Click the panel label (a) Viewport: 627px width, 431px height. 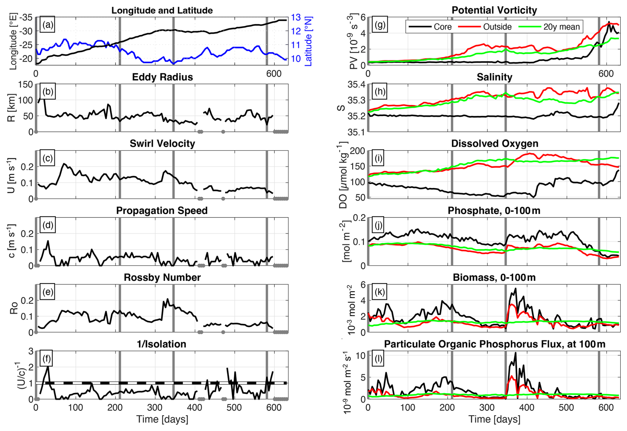[x=48, y=25]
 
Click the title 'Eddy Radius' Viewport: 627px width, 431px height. [x=162, y=77]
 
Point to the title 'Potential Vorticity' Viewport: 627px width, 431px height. [x=494, y=10]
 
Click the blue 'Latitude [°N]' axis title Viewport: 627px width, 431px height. [x=309, y=41]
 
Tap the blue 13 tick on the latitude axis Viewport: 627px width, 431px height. [x=296, y=17]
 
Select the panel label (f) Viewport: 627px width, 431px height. [x=47, y=359]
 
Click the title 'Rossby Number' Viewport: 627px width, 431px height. [x=162, y=277]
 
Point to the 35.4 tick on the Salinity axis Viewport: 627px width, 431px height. [x=356, y=85]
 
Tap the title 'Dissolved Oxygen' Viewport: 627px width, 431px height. [x=494, y=144]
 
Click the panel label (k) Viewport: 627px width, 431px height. [x=380, y=292]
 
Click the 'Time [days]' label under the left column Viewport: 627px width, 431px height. [x=162, y=419]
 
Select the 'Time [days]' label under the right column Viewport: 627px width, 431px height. [x=494, y=419]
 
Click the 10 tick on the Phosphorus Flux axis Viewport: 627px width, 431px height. [x=361, y=355]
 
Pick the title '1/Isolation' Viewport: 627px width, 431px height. [x=161, y=344]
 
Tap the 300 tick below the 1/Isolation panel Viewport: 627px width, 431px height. [x=155, y=407]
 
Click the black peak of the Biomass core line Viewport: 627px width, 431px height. [x=515, y=289]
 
